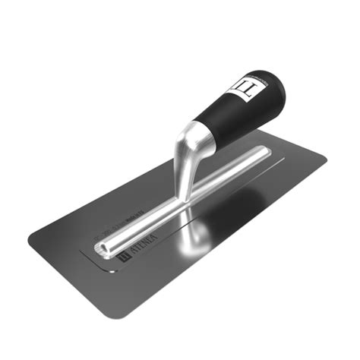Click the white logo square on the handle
(247, 88)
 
